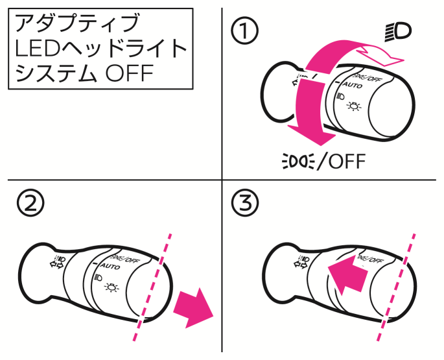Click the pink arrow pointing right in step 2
(194, 306)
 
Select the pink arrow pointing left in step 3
(345, 272)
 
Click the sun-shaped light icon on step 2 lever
(113, 285)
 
